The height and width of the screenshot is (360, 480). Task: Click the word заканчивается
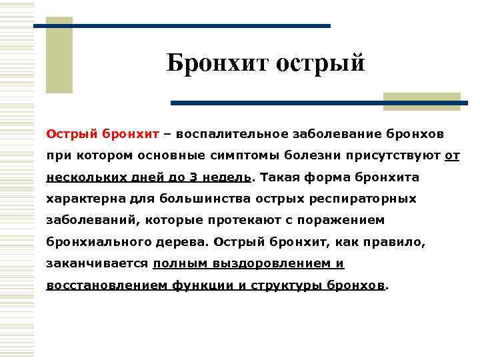pyautogui.click(x=97, y=263)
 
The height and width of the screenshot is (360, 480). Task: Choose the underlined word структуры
pyautogui.click(x=286, y=285)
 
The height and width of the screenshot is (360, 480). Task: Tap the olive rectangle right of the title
pyautogui.click(x=421, y=102)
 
